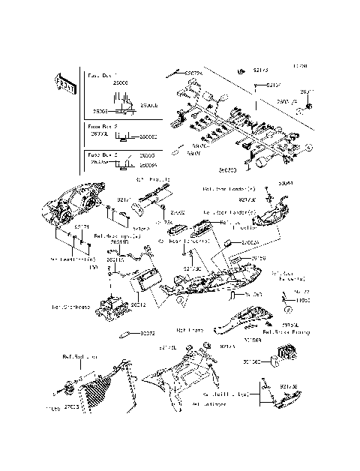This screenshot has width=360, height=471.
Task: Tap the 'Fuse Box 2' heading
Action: click(x=101, y=128)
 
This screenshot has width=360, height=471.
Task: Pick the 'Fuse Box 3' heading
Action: click(x=101, y=154)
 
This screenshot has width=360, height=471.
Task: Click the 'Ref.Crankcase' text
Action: click(x=67, y=307)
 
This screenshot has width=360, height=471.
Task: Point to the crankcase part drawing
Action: click(x=112, y=309)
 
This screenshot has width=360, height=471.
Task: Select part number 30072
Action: click(x=147, y=333)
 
